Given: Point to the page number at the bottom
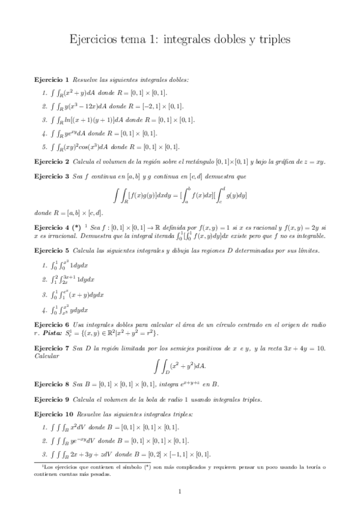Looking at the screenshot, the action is [x=180, y=492].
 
